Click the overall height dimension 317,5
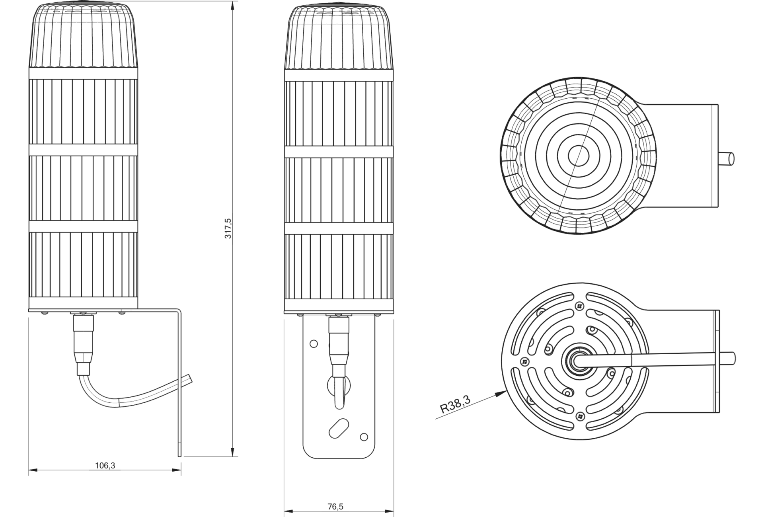(x=228, y=228)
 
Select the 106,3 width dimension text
(x=105, y=465)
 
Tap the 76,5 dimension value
(x=335, y=507)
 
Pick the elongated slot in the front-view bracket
(x=338, y=428)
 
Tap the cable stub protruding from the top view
(x=727, y=158)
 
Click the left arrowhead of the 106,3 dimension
(x=33, y=470)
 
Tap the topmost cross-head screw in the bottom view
(x=579, y=306)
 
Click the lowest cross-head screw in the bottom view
(x=579, y=416)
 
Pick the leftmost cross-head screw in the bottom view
(x=524, y=361)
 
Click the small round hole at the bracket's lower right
(x=364, y=437)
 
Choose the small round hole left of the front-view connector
(x=314, y=343)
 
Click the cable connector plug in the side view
(x=84, y=345)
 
